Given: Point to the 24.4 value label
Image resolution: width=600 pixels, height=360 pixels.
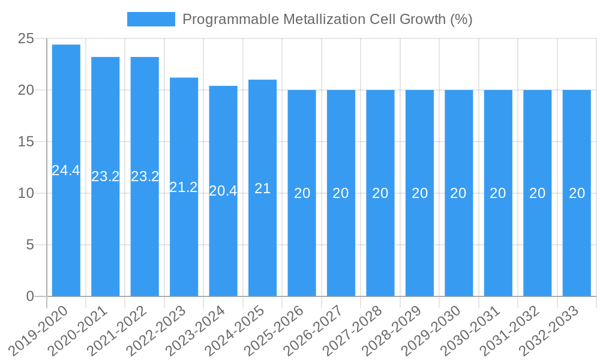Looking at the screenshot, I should [x=66, y=170].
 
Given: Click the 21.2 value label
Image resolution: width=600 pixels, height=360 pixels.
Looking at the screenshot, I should [x=184, y=187].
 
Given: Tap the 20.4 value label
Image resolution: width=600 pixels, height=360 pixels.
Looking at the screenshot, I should [x=223, y=191].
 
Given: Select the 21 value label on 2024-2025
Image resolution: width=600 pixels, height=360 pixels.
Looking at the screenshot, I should [x=262, y=188].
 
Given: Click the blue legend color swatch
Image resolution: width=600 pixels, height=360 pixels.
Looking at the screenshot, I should [x=151, y=19].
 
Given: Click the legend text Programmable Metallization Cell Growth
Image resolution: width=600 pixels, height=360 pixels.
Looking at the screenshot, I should [x=328, y=19].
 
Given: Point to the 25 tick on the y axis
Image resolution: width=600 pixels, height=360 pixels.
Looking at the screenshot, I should [x=26, y=39].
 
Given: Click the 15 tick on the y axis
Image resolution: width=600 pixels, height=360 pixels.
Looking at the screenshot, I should [x=26, y=142].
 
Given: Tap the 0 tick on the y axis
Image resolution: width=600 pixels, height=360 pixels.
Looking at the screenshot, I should [x=30, y=296].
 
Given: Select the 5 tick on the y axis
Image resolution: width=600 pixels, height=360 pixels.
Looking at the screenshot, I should [x=30, y=245].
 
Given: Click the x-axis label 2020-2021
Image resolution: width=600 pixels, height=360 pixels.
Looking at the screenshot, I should [x=79, y=330].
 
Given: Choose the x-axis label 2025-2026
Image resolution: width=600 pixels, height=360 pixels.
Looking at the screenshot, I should [x=275, y=330].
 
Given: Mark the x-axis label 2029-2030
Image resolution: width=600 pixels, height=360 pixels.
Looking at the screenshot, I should [x=432, y=330].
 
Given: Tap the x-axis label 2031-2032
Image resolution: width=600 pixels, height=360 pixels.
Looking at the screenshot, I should [x=511, y=330].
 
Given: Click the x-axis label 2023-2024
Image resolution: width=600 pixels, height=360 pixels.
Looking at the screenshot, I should [x=196, y=330].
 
